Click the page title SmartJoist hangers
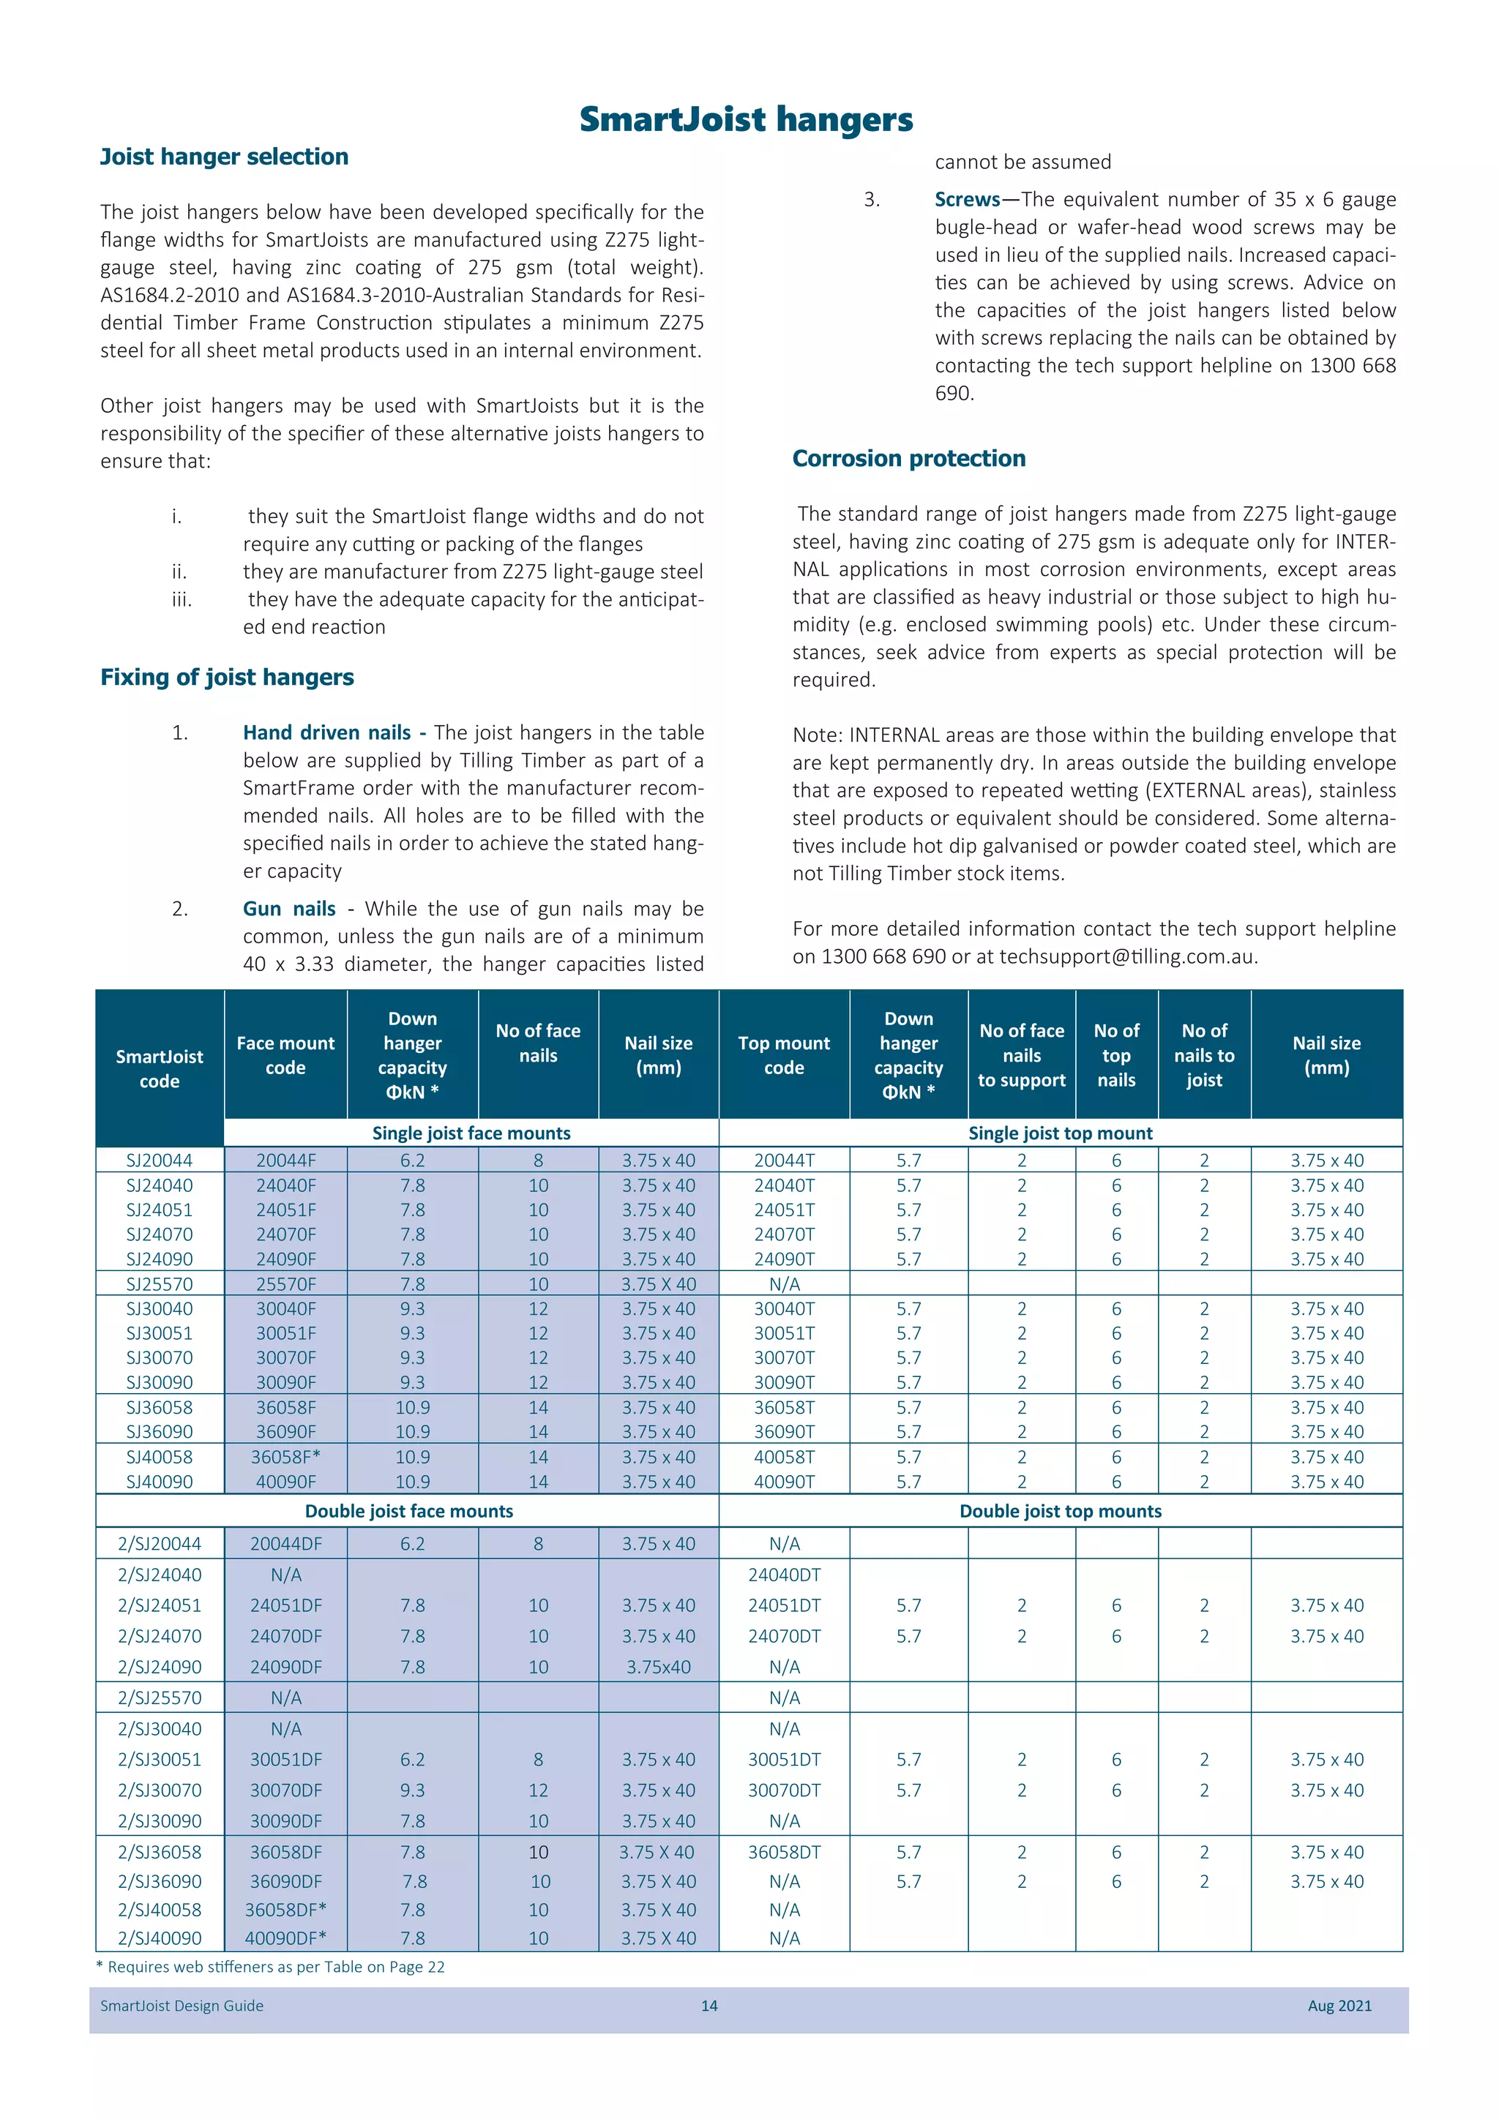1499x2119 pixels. coord(746,120)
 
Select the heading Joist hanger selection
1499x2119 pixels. coord(224,157)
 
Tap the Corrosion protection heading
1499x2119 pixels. coord(908,459)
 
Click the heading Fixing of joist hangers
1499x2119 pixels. coord(227,678)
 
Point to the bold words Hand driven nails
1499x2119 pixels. coord(326,732)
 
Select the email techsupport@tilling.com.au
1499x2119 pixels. coord(1127,957)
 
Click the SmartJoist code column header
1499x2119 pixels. coord(160,1069)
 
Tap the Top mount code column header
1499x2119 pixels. coord(784,1055)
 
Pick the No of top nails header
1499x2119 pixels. coord(1116,1055)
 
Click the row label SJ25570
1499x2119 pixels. coord(160,1285)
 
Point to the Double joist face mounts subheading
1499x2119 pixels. coord(409,1512)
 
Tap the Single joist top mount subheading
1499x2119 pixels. coord(1060,1133)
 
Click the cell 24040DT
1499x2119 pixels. coord(784,1575)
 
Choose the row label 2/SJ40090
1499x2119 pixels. coord(160,1939)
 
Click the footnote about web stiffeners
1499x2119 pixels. coord(270,1967)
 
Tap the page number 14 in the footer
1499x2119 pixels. coord(709,2006)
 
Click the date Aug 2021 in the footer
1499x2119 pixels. coord(1339,2006)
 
